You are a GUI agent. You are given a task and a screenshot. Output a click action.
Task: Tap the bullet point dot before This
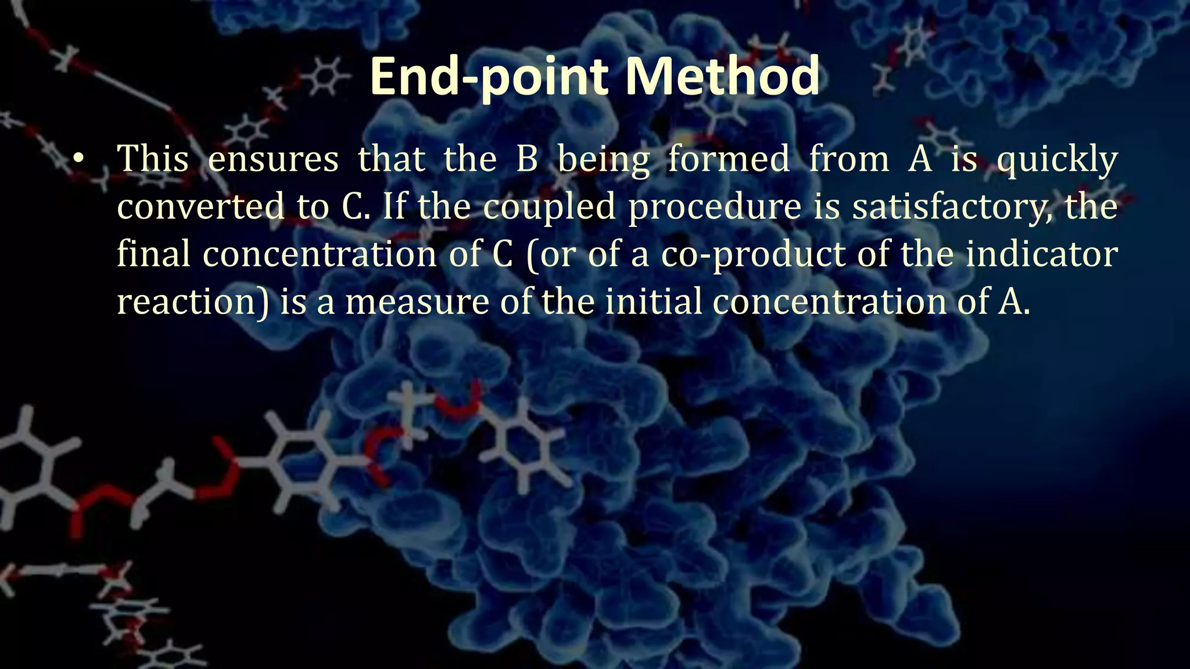pyautogui.click(x=79, y=159)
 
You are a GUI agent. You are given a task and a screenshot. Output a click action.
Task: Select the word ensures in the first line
pyautogui.click(x=273, y=159)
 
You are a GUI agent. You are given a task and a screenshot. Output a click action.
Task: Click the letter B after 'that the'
pyautogui.click(x=526, y=159)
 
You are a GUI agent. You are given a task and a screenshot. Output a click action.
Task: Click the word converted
pyautogui.click(x=201, y=207)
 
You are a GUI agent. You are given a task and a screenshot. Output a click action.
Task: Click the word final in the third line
pyautogui.click(x=153, y=254)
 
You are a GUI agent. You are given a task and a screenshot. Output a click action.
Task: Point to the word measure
pyautogui.click(x=417, y=303)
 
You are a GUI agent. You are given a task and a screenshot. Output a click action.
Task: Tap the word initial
pyautogui.click(x=653, y=302)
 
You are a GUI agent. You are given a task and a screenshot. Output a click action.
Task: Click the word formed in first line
pyautogui.click(x=729, y=159)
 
